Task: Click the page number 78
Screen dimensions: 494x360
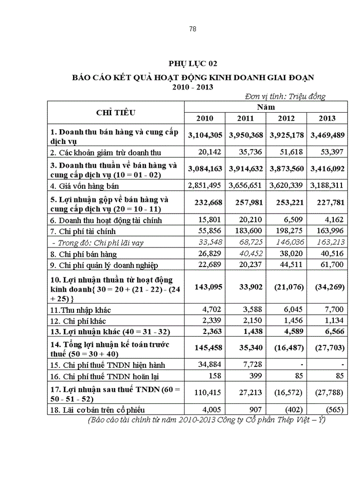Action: tap(193, 29)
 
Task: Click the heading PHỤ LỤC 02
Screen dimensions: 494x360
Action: tap(193, 63)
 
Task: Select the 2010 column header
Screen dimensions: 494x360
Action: tap(205, 118)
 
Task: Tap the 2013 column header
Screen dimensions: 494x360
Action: tap(327, 118)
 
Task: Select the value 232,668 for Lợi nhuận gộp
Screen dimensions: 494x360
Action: tap(205, 202)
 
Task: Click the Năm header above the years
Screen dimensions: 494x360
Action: tap(266, 107)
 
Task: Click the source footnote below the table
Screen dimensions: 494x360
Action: tap(207, 419)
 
